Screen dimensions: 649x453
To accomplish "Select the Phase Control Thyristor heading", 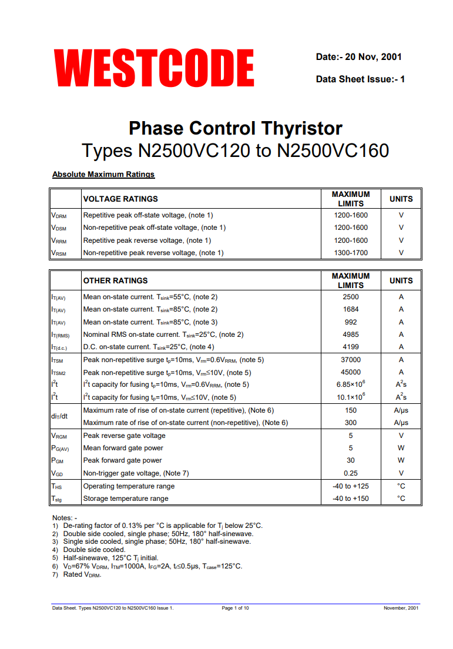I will (x=235, y=128).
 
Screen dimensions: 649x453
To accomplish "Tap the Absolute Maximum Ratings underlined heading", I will (x=103, y=175).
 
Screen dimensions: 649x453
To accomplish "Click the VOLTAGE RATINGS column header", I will (x=120, y=199).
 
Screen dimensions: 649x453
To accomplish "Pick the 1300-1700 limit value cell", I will (x=351, y=253).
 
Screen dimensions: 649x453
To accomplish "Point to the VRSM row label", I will (x=59, y=253).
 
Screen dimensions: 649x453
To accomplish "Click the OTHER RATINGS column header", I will (x=116, y=280).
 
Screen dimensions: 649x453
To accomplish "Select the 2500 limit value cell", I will (x=351, y=297).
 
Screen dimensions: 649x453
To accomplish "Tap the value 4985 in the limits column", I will (x=351, y=334).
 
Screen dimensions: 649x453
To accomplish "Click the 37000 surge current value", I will (x=351, y=360).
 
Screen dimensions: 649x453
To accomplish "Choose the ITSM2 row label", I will (x=59, y=373).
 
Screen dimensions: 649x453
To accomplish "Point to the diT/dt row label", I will (x=59, y=416).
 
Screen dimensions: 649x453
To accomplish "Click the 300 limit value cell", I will (x=351, y=423).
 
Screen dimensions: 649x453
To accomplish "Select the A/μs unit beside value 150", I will (x=401, y=410).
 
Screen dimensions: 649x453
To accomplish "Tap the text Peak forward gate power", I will (x=123, y=460).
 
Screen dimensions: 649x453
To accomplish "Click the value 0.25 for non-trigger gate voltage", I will (x=351, y=473).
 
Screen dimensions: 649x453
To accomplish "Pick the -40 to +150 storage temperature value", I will (x=351, y=499).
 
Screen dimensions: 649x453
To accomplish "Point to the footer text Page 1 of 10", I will (x=235, y=608).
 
